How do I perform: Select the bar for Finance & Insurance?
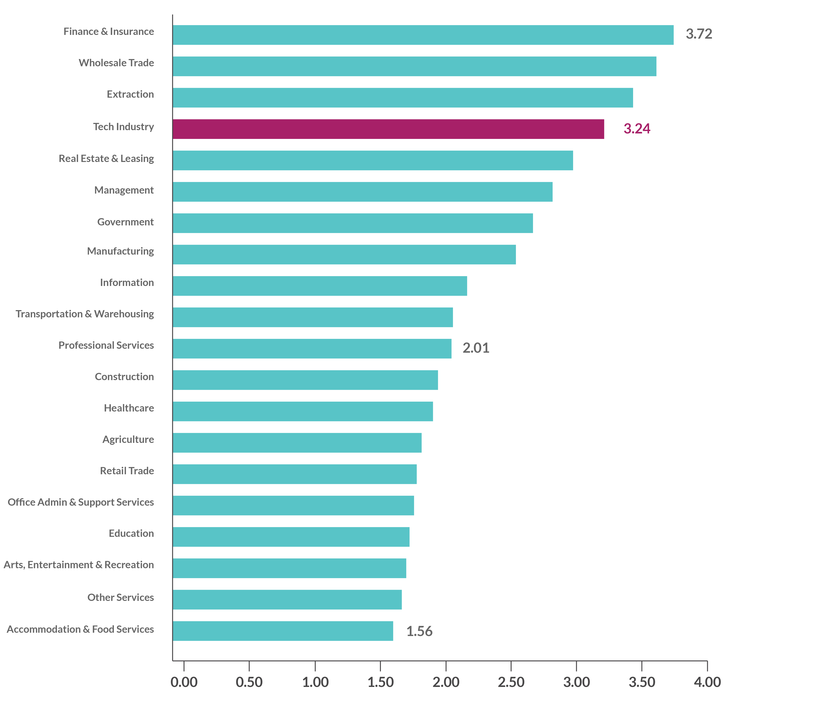423,35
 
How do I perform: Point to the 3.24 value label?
636,128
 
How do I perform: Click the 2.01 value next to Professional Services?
476,348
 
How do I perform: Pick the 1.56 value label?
419,631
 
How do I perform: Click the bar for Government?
353,223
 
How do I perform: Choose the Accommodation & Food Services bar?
283,631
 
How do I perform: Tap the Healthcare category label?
129,408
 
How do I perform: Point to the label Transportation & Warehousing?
85,314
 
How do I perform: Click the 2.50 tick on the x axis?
511,682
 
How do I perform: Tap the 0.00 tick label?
184,682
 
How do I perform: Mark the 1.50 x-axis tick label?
380,682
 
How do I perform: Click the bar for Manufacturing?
344,255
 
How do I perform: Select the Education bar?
291,537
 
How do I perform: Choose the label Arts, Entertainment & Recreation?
78,565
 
